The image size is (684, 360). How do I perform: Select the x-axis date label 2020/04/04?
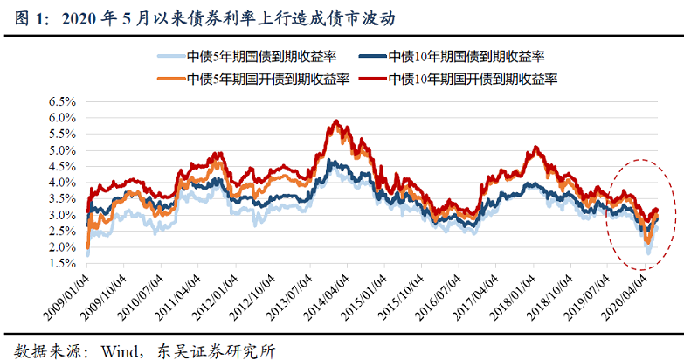631,294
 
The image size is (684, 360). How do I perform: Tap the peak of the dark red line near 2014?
337,121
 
